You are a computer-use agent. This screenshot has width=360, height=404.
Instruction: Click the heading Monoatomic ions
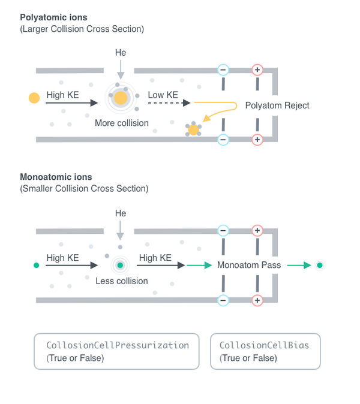pos(56,177)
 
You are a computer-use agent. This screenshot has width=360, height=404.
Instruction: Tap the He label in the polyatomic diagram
pos(121,53)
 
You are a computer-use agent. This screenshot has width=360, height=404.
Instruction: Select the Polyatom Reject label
pos(277,105)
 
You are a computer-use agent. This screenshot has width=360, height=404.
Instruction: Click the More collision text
pos(122,123)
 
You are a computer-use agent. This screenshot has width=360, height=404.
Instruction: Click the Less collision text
pos(122,281)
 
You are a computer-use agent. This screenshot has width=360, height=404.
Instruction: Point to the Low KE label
pos(163,95)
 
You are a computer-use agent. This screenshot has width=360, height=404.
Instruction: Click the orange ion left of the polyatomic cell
pos(34,98)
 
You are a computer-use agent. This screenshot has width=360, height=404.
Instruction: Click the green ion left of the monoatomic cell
pos(37,265)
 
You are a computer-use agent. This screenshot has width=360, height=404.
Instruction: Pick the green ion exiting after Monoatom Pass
pos(320,265)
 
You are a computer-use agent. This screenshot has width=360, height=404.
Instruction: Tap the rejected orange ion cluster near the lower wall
pos(193,129)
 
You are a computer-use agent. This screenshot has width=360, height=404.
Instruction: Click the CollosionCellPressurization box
pos(117,351)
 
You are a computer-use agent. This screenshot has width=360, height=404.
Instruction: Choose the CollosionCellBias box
pos(265,351)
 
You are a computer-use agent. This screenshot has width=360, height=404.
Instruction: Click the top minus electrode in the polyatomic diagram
pos(223,70)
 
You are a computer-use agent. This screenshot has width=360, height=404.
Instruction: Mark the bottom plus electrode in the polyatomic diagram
pos(257,140)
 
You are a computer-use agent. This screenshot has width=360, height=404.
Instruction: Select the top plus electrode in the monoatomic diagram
pos(257,231)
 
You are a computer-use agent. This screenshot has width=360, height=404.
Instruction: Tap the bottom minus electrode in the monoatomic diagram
pos(223,300)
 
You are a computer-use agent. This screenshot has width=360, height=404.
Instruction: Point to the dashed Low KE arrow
pos(169,103)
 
